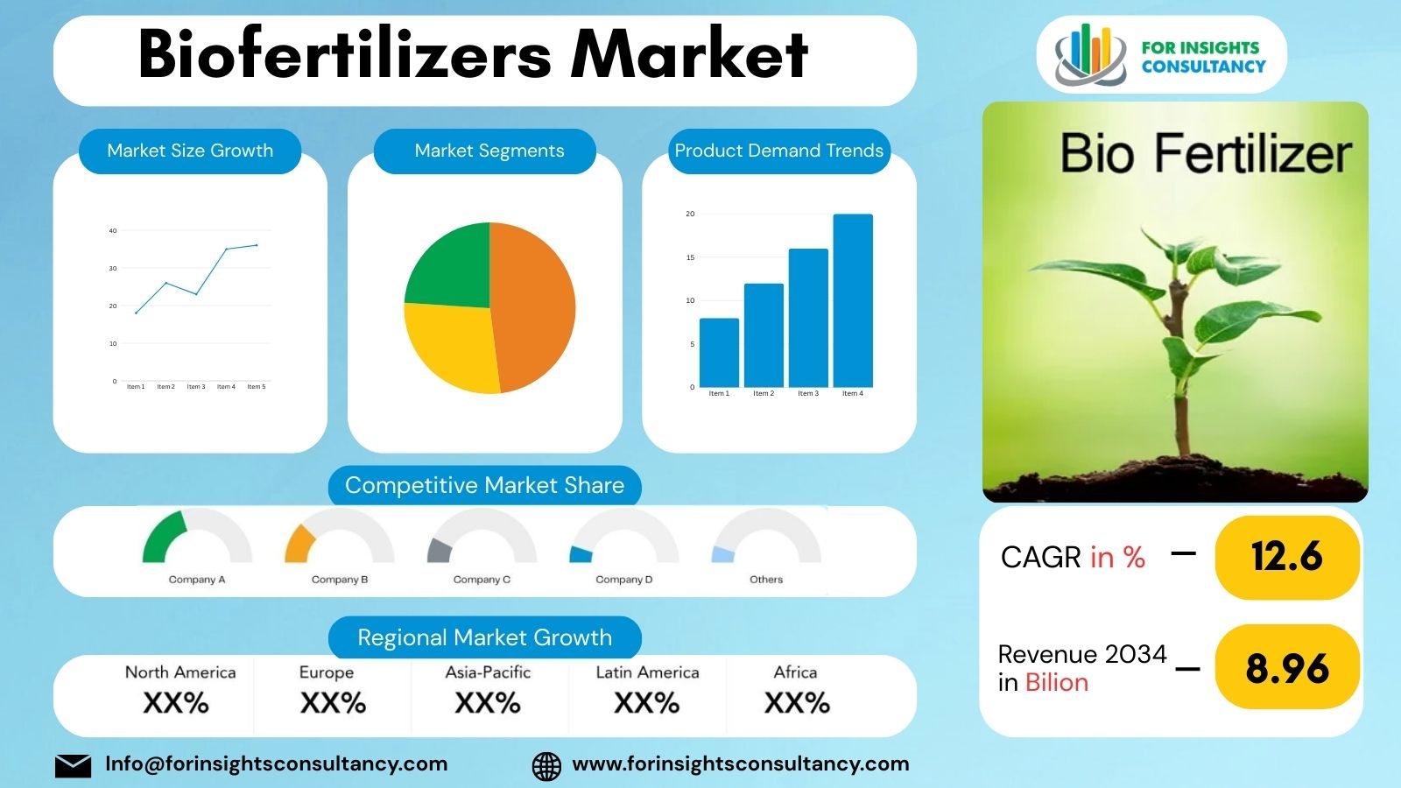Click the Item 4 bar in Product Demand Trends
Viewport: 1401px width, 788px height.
[852, 300]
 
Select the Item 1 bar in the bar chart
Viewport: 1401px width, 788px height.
[719, 353]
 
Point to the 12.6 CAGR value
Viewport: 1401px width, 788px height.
[1286, 557]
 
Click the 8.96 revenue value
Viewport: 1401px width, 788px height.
[1286, 668]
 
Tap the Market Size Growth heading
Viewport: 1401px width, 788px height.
[190, 151]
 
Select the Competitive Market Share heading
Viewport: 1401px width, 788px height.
[484, 485]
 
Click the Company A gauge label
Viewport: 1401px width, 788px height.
[197, 580]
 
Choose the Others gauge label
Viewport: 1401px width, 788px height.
[766, 580]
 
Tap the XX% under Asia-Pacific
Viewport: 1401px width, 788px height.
[488, 703]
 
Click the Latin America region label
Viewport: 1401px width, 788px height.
[647, 672]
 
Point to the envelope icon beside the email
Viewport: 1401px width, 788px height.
[73, 765]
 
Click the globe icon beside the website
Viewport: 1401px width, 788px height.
[546, 766]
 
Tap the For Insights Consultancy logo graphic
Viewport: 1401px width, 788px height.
[1089, 54]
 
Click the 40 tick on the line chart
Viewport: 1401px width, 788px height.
[113, 231]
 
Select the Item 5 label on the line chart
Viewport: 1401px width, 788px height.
[256, 387]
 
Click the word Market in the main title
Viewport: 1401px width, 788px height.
[689, 54]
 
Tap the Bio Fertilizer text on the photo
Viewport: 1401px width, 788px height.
[1206, 154]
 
